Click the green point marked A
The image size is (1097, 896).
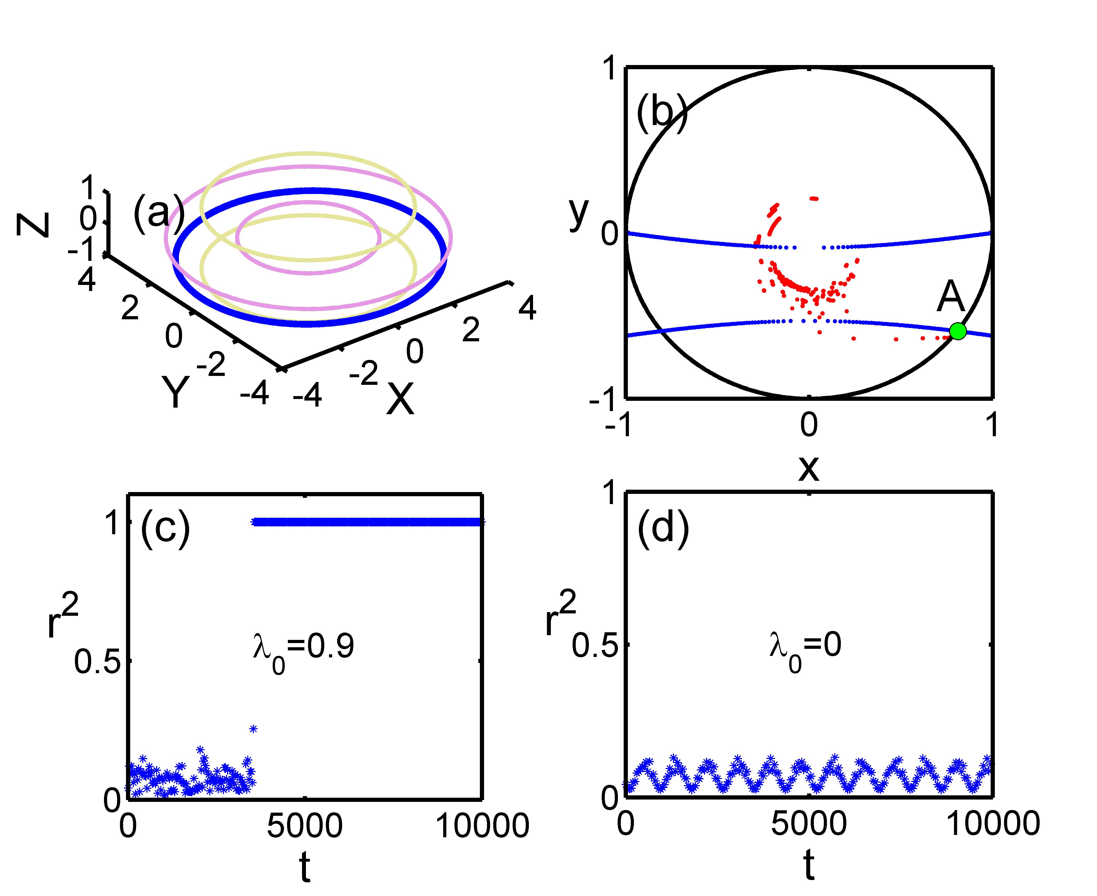pos(957,331)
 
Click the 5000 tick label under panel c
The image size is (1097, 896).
pos(304,826)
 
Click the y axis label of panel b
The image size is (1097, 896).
pos(579,213)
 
